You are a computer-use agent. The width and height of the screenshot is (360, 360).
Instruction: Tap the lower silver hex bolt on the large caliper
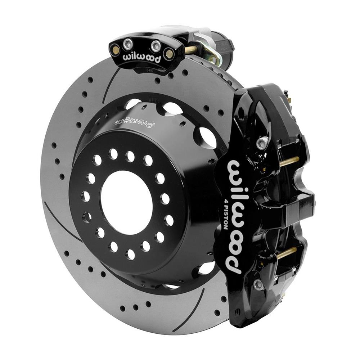tap(258, 284)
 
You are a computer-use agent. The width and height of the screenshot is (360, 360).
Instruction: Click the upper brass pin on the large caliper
tap(290, 161)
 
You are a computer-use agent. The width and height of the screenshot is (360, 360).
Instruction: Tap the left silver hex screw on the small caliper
tap(128, 44)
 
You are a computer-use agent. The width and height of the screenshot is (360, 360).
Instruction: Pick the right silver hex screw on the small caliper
tap(156, 46)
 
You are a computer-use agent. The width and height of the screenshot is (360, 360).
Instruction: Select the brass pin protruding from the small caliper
tap(191, 50)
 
